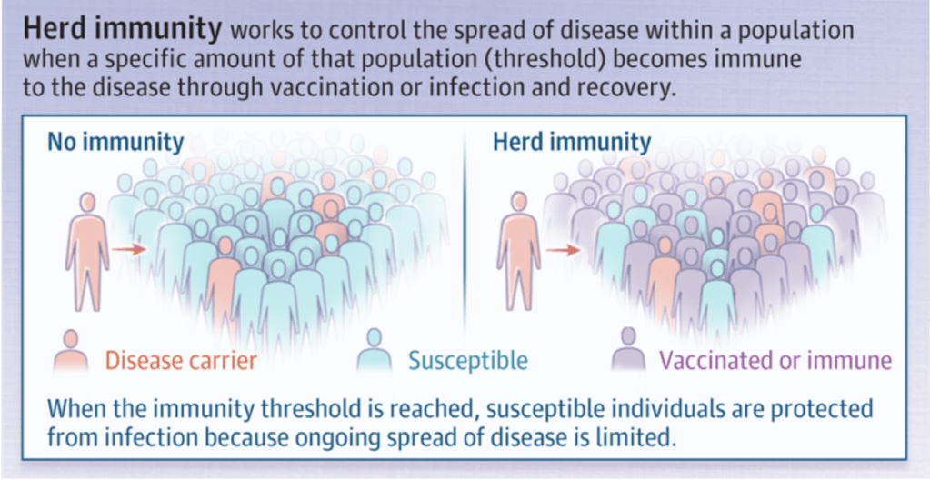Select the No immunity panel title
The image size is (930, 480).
115,143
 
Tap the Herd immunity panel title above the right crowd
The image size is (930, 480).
573,143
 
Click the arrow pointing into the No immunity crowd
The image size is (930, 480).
129,250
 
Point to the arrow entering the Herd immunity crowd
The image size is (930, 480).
563,250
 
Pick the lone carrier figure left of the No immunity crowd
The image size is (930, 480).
87,252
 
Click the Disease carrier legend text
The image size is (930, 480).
181,360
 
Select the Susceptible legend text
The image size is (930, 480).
467,360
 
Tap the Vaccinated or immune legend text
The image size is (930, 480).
775,360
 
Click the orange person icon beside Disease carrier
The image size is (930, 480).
71,351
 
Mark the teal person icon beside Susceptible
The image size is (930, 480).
374,351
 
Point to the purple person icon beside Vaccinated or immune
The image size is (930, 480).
627,351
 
